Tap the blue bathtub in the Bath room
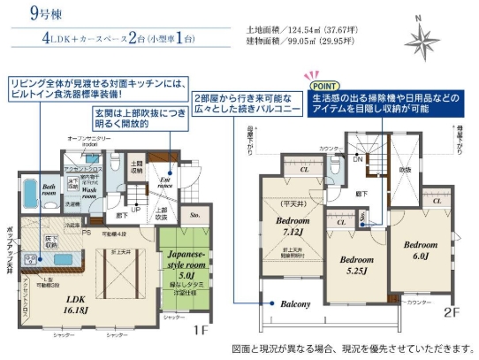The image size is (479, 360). click(27, 195)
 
